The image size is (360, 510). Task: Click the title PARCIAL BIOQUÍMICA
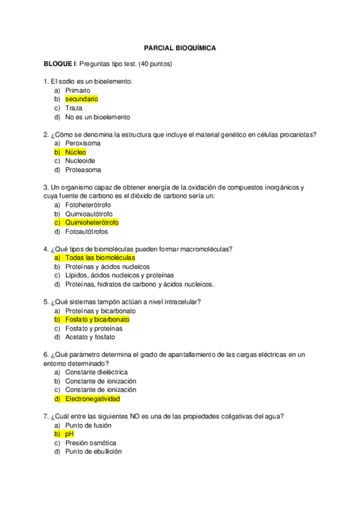coord(180,47)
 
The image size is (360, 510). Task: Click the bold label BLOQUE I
coord(59,64)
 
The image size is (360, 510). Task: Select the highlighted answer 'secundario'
coord(81,99)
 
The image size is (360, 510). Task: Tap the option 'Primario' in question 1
coord(78,90)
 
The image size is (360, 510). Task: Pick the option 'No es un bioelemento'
coord(97,117)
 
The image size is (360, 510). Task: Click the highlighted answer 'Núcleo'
coord(76,152)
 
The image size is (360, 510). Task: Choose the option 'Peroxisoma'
coord(83,143)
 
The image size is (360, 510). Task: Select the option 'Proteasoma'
coord(83,170)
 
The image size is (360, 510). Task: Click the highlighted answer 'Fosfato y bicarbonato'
coord(97,320)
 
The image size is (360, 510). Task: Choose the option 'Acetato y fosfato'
coord(90,337)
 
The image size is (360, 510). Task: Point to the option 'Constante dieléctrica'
coord(96,372)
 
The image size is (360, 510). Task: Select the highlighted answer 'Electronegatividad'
coord(93,399)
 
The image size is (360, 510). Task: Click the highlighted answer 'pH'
coord(69,434)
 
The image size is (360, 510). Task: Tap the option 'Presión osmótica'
coord(91,443)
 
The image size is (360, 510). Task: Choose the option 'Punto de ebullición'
coord(93,452)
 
